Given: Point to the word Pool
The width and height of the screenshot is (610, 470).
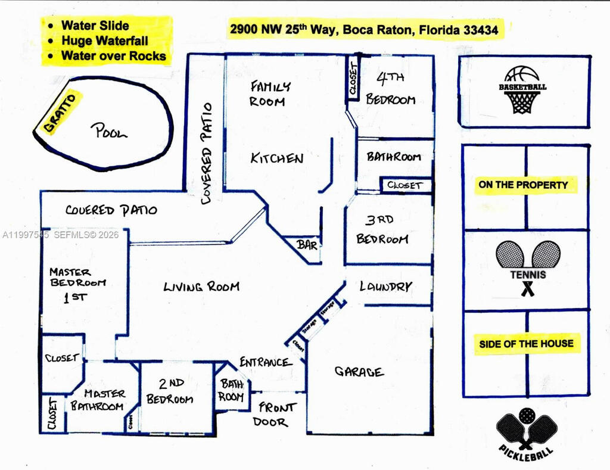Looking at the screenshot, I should click(109, 132).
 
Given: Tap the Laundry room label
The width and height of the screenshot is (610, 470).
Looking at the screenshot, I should click(385, 287).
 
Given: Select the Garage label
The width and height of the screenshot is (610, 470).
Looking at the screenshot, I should click(359, 372).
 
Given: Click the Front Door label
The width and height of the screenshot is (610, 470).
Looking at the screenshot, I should click(276, 415).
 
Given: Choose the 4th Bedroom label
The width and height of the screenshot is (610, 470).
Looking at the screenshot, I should click(390, 89).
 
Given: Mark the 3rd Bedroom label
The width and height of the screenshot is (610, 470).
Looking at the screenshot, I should click(382, 230).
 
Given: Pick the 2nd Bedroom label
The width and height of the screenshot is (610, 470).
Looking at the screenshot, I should click(170, 392).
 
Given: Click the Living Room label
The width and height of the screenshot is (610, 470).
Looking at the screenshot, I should click(201, 287).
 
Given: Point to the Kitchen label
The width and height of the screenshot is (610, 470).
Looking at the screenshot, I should click(276, 158).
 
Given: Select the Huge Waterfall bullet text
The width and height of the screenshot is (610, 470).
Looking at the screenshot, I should click(104, 41).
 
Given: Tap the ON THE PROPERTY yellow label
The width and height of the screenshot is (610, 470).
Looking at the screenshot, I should click(523, 185).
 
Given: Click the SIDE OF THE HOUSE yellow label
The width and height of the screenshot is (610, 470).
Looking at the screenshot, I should click(526, 344).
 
